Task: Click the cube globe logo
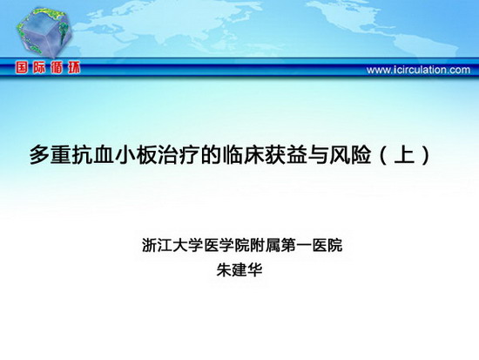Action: click(x=44, y=32)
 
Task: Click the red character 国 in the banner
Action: click(x=23, y=68)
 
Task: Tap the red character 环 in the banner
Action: click(x=74, y=68)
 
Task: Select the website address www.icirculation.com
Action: click(x=418, y=70)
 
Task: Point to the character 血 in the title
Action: click(x=104, y=155)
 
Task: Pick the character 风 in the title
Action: click(x=340, y=155)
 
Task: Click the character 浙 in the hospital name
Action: click(x=150, y=245)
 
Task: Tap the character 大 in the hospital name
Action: click(x=180, y=245)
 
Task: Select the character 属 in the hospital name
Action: click(x=273, y=245)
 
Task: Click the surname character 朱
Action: click(x=224, y=269)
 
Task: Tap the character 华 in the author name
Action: click(x=255, y=269)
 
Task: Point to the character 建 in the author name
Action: click(x=239, y=269)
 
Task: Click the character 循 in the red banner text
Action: click(x=57, y=68)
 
